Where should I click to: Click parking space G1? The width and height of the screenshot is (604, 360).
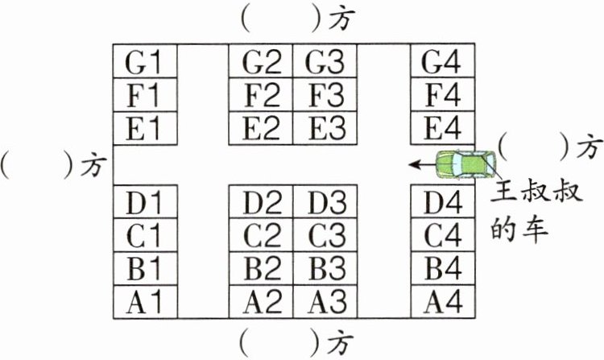coord(144,62)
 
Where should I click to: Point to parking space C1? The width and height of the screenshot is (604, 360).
coord(144,236)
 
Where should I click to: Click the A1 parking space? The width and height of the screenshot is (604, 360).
coord(144,302)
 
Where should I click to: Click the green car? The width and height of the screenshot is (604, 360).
coord(465,164)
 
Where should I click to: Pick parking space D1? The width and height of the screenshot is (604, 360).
coord(144,202)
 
